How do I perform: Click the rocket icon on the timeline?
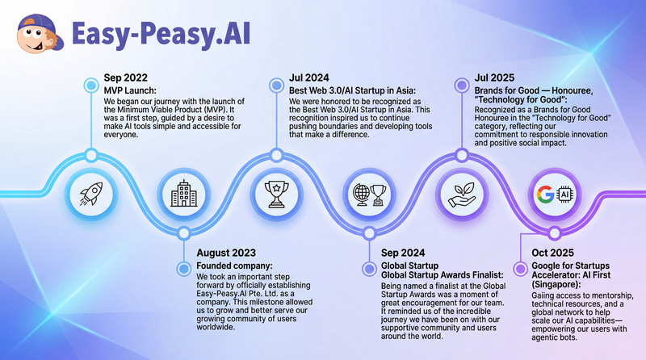[90, 194]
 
